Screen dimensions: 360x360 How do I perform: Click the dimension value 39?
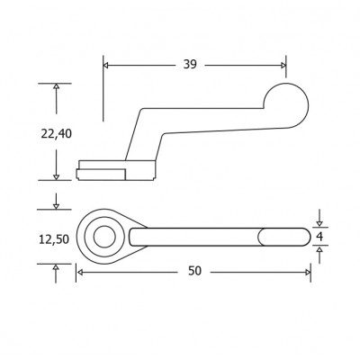pyautogui.click(x=189, y=65)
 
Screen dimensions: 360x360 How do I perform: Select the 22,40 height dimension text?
pyautogui.click(x=56, y=133)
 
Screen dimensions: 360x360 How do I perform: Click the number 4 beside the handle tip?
pyautogui.click(x=319, y=236)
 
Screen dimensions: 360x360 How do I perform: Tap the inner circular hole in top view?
pyautogui.click(x=103, y=237)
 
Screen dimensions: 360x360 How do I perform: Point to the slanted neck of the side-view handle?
pyautogui.click(x=134, y=135)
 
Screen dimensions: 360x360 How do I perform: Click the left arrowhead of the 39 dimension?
pyautogui.click(x=108, y=65)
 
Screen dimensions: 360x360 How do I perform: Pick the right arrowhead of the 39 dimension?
pyautogui.click(x=282, y=65)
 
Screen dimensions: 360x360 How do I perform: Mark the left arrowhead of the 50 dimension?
pyautogui.click(x=80, y=271)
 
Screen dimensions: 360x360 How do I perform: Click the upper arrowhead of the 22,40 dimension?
pyautogui.click(x=56, y=87)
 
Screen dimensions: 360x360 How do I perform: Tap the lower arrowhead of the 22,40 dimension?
pyautogui.click(x=56, y=175)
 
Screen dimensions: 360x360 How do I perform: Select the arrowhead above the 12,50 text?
pyautogui.click(x=56, y=205)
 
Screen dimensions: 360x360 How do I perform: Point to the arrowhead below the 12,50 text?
pyautogui.click(x=56, y=267)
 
